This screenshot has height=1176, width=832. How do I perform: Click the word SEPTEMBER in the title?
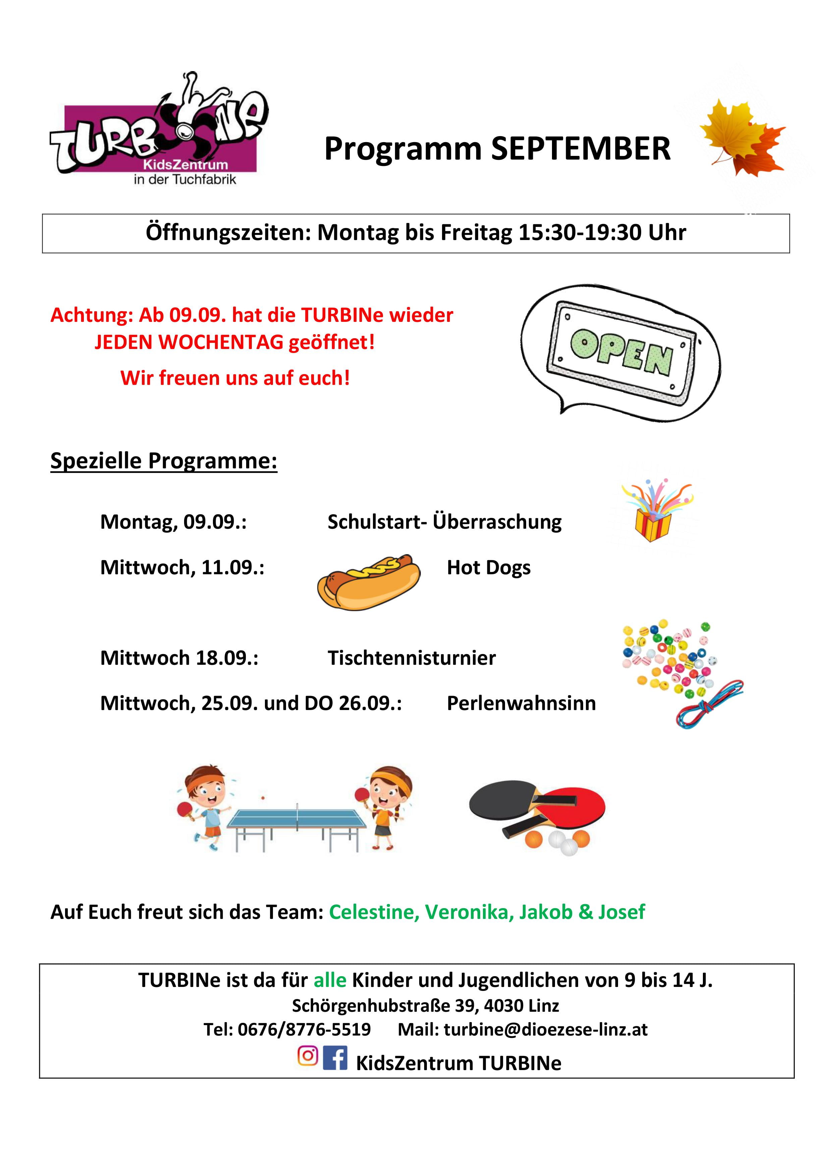580,149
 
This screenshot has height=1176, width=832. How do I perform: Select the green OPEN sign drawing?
621,352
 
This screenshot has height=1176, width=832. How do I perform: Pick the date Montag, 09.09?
173,522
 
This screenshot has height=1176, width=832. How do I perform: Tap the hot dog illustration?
368,582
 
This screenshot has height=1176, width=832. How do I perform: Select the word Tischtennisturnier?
411,658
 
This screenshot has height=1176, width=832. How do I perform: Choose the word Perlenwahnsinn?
521,703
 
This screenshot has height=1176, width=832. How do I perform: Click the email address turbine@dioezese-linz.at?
545,1030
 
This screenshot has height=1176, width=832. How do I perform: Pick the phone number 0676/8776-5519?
304,1030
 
